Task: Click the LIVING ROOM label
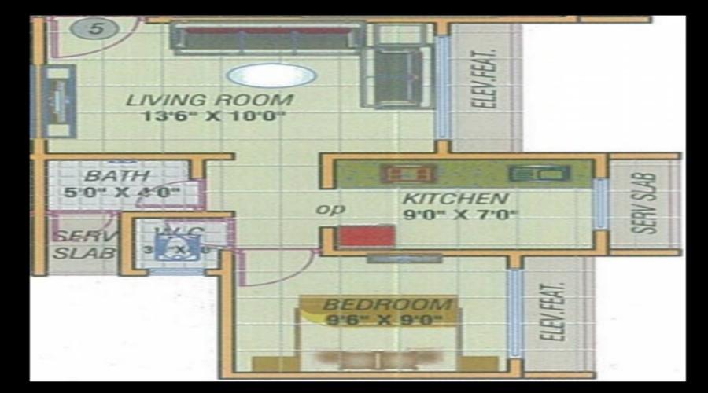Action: (x=210, y=101)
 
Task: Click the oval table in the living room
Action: (x=271, y=75)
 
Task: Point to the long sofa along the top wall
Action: (x=267, y=36)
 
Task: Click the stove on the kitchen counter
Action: (x=405, y=173)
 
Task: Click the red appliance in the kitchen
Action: (x=366, y=235)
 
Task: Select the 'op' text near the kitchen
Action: (x=326, y=210)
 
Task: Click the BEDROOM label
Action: (x=388, y=304)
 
